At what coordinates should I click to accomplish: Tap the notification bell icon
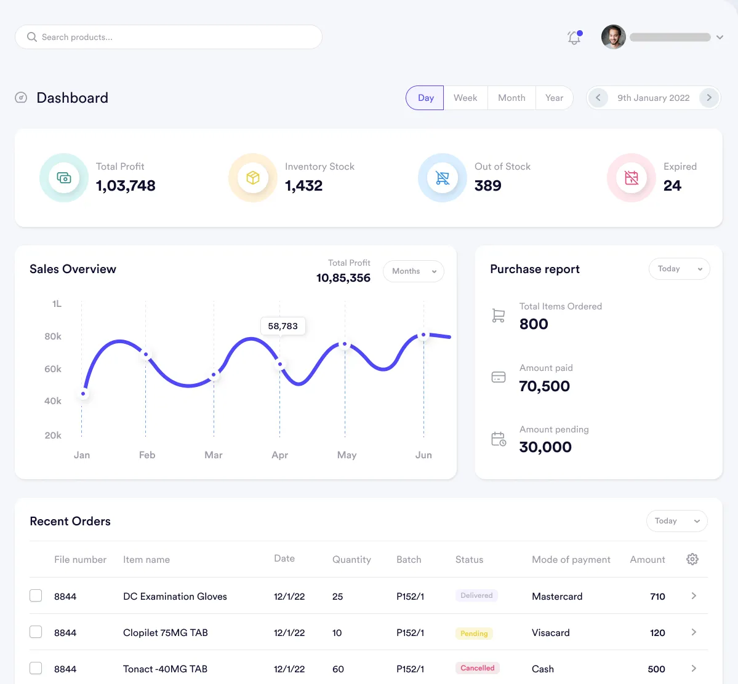pos(574,38)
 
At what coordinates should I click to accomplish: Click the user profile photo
pos(613,37)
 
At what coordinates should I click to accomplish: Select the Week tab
pos(465,98)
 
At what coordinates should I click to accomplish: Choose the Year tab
pos(554,98)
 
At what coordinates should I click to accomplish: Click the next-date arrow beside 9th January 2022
pos(709,98)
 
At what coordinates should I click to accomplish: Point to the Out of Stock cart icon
pos(443,178)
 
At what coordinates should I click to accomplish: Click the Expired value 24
pos(672,186)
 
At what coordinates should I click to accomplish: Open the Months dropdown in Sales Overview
pos(413,271)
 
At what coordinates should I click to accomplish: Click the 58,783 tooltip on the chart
pos(283,326)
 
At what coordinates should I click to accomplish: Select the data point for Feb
pos(146,354)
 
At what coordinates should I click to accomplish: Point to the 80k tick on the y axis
pos(53,336)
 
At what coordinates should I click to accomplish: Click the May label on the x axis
pos(347,455)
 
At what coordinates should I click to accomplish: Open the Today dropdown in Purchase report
pos(679,269)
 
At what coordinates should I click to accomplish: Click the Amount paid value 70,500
pos(544,386)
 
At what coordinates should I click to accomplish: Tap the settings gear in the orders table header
pos(692,559)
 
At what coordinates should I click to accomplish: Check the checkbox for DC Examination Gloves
pos(36,595)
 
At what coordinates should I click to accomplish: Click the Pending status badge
pos(474,634)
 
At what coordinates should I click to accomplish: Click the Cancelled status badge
pos(477,668)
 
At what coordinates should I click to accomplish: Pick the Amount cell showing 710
pos(657,596)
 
